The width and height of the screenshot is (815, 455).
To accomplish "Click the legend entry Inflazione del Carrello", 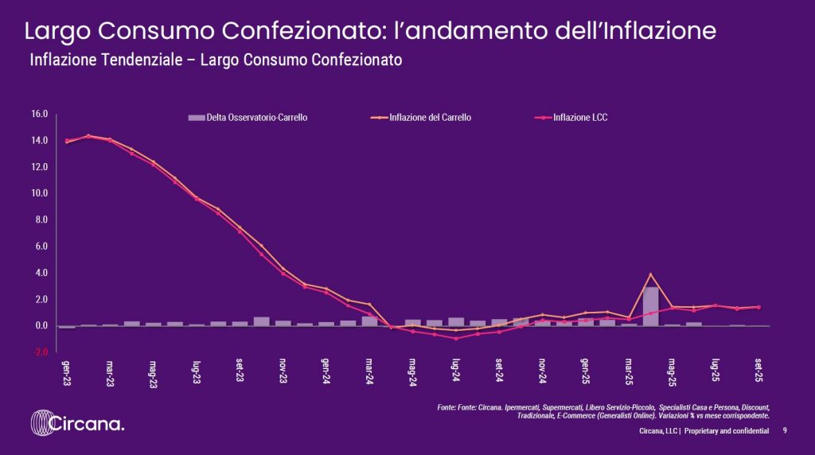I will (x=430, y=118).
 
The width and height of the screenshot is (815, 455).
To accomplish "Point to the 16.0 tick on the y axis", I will (x=41, y=115).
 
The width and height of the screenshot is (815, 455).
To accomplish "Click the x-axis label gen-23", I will (x=68, y=372).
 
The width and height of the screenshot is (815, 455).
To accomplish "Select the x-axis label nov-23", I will (x=283, y=372).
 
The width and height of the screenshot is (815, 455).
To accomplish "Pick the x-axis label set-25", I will (x=758, y=371).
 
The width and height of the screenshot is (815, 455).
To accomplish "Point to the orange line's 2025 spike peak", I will (x=651, y=274).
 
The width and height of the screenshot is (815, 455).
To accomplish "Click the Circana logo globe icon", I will (x=42, y=423).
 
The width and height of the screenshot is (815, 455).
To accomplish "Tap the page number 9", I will (x=785, y=430).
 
